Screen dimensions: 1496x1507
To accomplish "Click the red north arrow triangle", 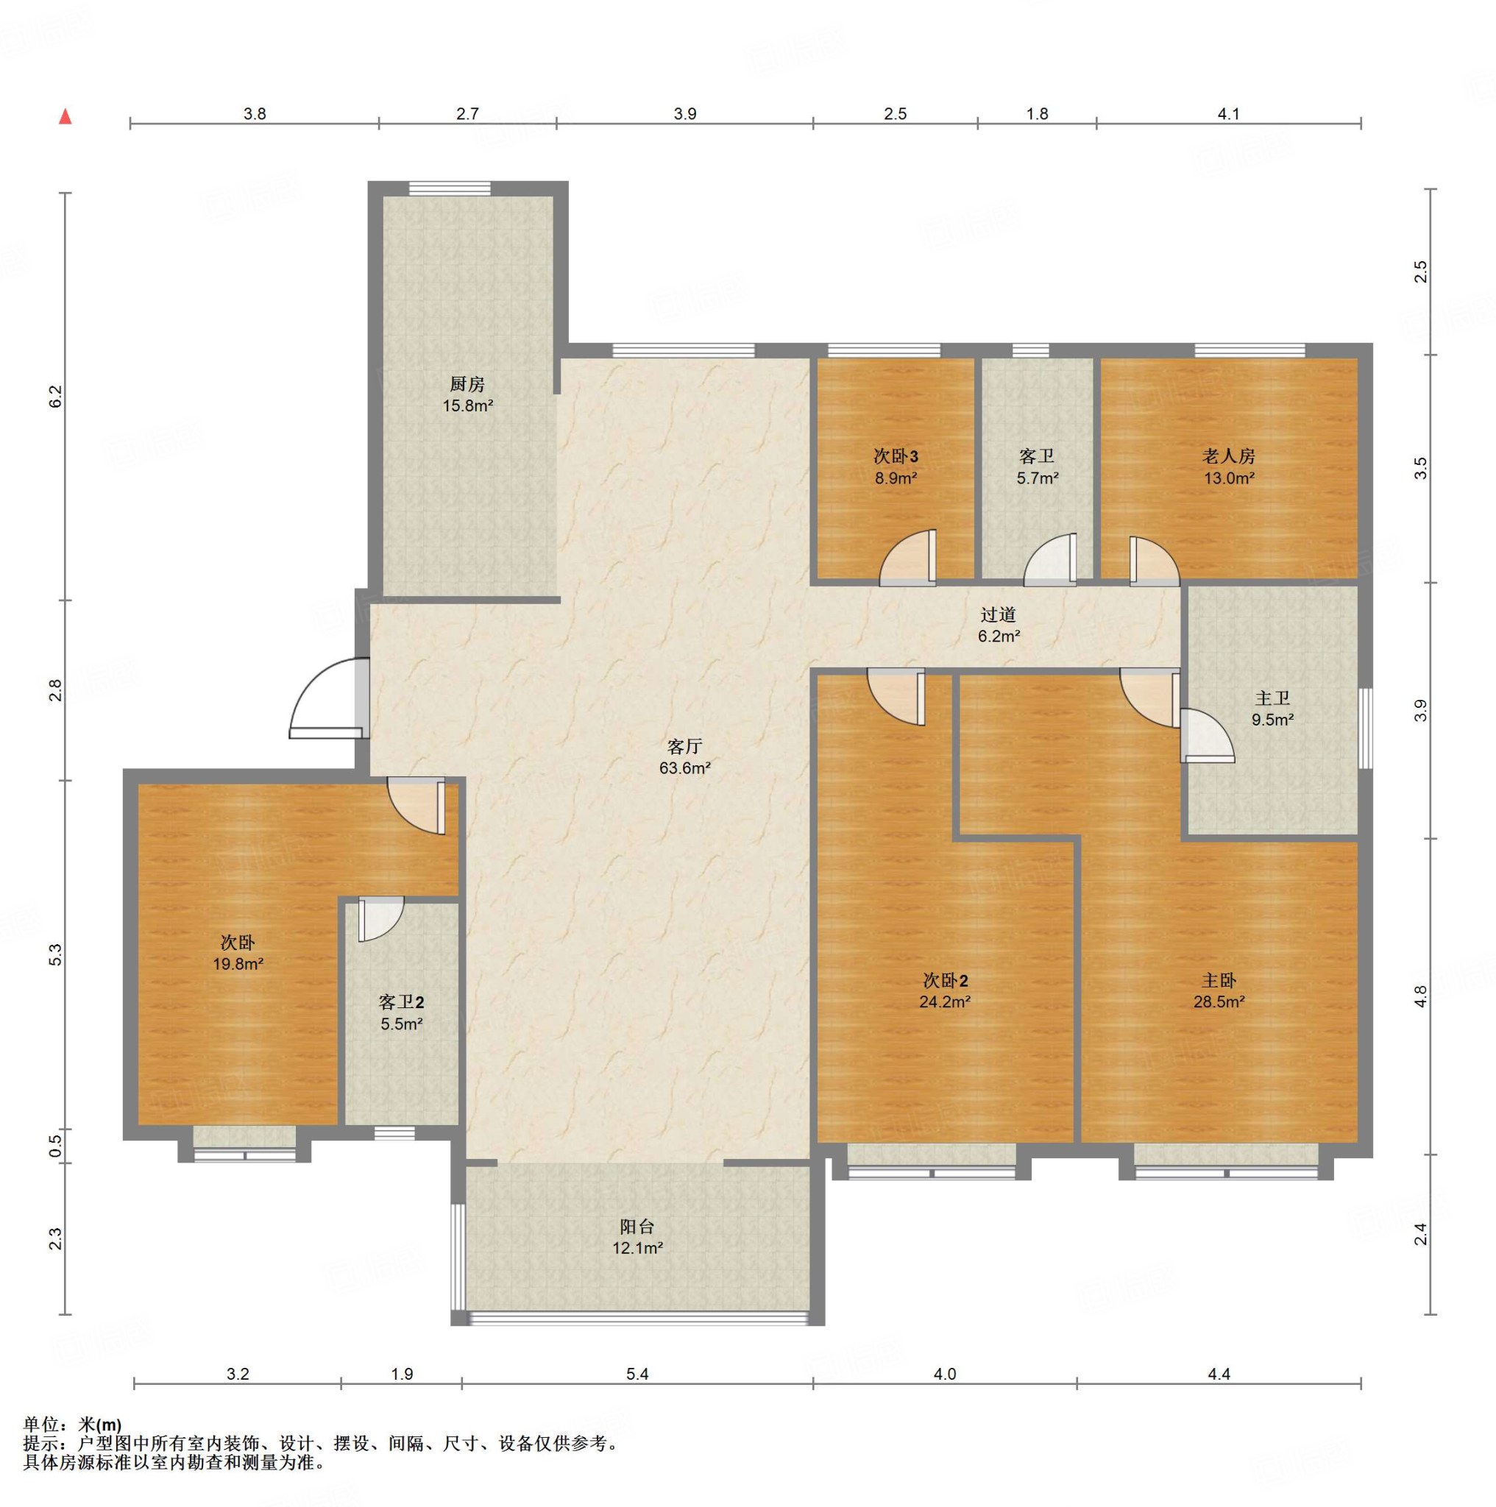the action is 66,117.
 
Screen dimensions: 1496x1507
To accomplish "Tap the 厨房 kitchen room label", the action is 467,384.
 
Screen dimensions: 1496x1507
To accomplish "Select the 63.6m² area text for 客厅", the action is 684,768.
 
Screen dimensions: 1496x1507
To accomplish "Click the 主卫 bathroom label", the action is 1272,699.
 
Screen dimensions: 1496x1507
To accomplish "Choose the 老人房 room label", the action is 1228,456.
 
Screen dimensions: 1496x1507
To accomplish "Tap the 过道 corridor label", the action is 999,615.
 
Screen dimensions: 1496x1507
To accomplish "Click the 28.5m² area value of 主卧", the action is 1219,1002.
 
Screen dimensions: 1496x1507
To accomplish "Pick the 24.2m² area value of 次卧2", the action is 945,1002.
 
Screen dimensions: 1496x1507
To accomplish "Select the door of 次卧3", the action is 907,558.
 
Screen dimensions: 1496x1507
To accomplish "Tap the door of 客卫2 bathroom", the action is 381,920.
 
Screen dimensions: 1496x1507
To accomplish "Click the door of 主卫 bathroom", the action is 1207,735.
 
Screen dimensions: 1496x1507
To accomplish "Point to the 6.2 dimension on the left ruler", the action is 54,397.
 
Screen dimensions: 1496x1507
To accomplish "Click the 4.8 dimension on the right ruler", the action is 1420,997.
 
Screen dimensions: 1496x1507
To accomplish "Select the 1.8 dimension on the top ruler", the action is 1037,114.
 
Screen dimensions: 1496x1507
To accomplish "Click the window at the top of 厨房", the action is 450,188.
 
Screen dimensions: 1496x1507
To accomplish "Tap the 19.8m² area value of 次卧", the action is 238,964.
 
